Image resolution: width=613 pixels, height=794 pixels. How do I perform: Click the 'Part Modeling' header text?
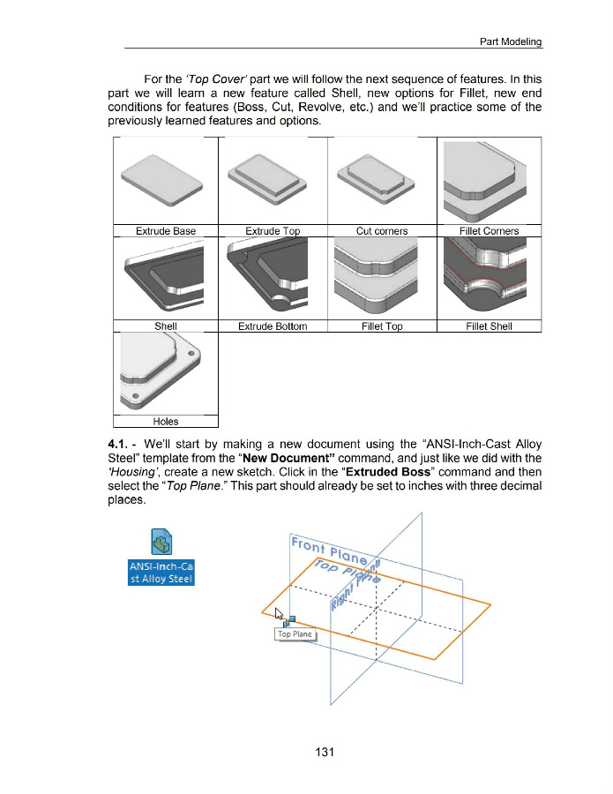[510, 41]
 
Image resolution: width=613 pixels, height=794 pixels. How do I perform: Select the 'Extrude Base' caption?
[166, 231]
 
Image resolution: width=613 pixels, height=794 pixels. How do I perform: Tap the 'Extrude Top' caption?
[273, 231]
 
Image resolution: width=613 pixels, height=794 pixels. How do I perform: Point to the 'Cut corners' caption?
[382, 231]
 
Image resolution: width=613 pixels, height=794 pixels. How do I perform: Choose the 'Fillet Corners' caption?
[489, 231]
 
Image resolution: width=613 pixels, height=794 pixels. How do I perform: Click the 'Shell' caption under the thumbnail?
[166, 326]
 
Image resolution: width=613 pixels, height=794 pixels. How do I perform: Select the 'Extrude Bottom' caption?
[273, 326]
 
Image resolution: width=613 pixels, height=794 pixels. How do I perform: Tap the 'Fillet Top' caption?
[382, 326]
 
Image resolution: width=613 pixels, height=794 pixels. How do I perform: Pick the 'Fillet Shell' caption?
[489, 326]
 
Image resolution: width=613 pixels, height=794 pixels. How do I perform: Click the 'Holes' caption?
[166, 422]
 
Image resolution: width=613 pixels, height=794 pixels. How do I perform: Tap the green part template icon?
[161, 540]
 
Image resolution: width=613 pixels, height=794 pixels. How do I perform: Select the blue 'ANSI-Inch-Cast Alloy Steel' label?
[161, 572]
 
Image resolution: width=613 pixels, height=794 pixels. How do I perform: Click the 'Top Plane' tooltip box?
[295, 634]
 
